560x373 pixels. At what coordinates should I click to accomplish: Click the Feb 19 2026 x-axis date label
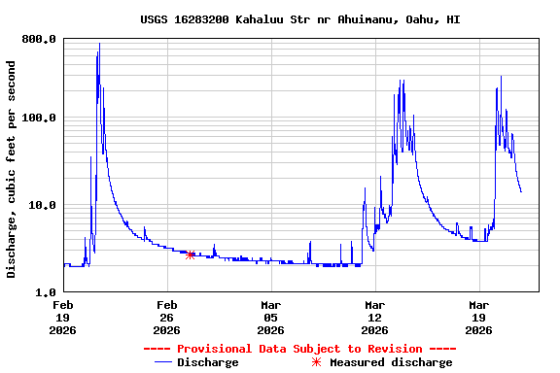(63, 317)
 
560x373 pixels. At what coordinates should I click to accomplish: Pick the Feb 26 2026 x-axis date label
(166, 317)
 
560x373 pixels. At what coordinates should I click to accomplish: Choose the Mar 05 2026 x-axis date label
(270, 317)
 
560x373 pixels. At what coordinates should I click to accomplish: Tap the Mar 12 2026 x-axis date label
(374, 317)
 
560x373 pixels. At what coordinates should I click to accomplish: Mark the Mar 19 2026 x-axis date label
(478, 317)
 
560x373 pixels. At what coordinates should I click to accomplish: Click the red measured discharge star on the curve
(191, 254)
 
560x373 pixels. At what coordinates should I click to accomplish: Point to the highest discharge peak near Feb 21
(99, 45)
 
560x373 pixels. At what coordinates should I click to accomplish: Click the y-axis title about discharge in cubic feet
(12, 169)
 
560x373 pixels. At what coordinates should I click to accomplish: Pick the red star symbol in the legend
(316, 362)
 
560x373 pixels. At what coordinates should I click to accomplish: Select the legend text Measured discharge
(391, 362)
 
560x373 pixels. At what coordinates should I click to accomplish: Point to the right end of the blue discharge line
(521, 191)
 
